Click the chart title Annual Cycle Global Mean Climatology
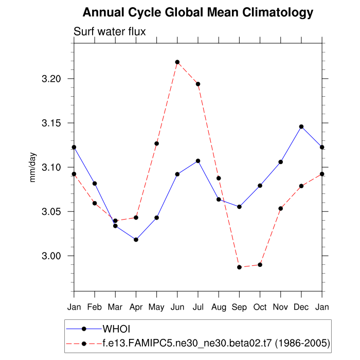(x=198, y=12)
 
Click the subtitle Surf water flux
(x=110, y=31)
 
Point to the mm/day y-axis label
(x=33, y=167)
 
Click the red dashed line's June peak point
(x=177, y=62)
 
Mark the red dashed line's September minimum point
(x=239, y=267)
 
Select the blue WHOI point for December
(x=301, y=127)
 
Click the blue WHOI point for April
(x=136, y=240)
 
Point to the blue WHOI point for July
(x=198, y=161)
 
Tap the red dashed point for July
(x=198, y=84)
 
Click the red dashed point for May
(x=156, y=143)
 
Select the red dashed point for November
(x=281, y=208)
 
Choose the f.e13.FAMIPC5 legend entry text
(x=216, y=342)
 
